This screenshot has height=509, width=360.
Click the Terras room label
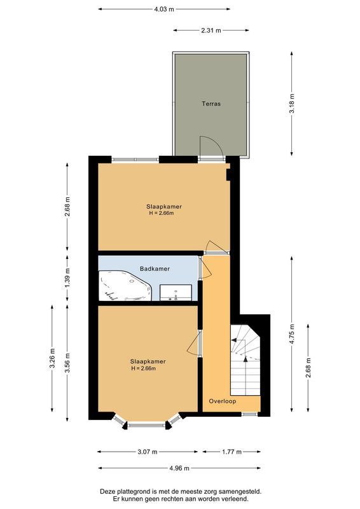[211, 103]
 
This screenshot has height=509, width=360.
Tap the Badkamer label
[155, 268]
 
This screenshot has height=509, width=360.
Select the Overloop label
[223, 401]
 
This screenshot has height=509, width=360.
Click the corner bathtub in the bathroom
[124, 286]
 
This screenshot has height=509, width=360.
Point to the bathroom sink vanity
[176, 291]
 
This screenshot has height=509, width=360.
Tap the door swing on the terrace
[210, 148]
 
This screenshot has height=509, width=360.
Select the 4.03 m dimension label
[163, 10]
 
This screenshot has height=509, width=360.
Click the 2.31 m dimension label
[211, 30]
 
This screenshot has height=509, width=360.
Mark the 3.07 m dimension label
[146, 452]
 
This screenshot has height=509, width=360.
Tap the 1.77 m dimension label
[232, 452]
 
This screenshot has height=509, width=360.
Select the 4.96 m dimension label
[179, 468]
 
